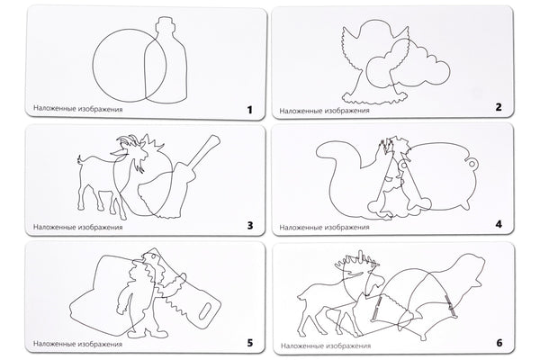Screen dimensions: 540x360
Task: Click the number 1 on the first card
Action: click(x=249, y=110)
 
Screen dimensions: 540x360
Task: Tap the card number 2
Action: click(x=499, y=107)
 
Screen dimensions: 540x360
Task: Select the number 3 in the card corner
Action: click(x=250, y=226)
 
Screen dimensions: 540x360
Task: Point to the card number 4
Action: click(x=499, y=224)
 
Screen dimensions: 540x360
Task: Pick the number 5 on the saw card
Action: click(x=250, y=343)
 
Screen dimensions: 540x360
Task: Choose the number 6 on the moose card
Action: click(x=499, y=343)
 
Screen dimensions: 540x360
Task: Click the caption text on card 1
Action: click(x=77, y=109)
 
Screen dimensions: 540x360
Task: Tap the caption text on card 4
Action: click(x=324, y=228)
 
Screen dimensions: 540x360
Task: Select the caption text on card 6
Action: click(x=326, y=346)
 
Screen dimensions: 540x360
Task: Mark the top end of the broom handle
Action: click(x=214, y=139)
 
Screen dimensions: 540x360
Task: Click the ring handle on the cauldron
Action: click(x=472, y=162)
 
